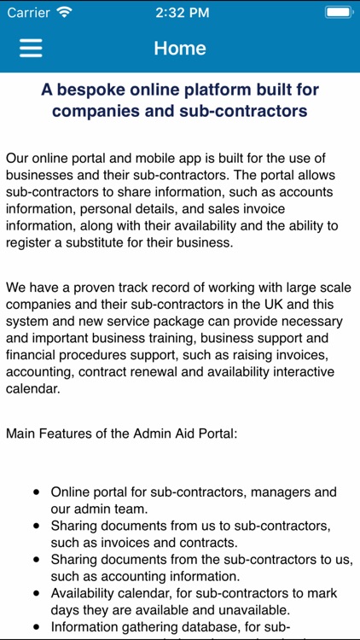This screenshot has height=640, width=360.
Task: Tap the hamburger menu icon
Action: point(31,48)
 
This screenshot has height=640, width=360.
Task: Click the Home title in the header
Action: point(180,48)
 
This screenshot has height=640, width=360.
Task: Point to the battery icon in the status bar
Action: point(338,12)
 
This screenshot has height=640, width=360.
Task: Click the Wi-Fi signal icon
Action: point(65,12)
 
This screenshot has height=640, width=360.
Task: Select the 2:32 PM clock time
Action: point(179,12)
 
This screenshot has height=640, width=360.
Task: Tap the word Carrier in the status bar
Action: point(28,12)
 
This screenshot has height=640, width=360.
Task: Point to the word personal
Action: point(106,208)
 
